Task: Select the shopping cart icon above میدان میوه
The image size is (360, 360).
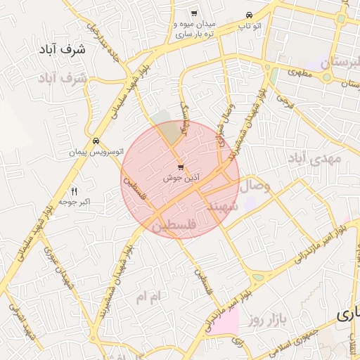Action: pyautogui.click(x=194, y=14)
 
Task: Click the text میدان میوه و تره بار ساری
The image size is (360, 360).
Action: pyautogui.click(x=196, y=28)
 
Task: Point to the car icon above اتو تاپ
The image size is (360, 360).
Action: pyautogui.click(x=249, y=15)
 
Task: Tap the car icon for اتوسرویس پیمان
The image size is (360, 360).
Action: pyautogui.click(x=96, y=141)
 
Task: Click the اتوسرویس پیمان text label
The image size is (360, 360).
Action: pyautogui.click(x=96, y=151)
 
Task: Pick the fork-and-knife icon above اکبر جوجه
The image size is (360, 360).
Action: pyautogui.click(x=75, y=191)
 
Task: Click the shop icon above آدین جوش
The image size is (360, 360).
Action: pyautogui.click(x=181, y=167)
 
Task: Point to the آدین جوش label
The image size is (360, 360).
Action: pyautogui.click(x=181, y=179)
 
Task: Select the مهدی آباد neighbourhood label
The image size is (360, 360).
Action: pyautogui.click(x=314, y=160)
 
